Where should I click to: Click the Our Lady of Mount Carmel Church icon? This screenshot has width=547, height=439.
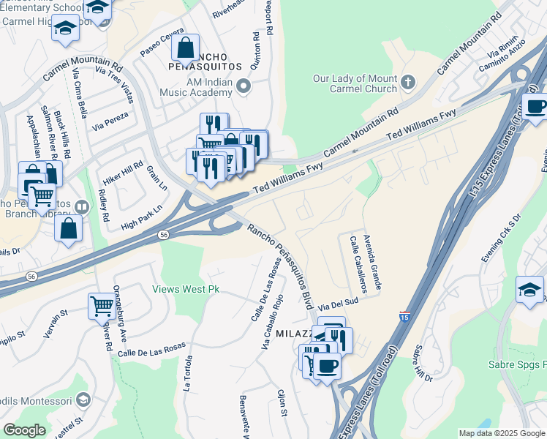[407, 82]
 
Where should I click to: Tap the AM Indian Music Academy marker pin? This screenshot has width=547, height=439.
[244, 87]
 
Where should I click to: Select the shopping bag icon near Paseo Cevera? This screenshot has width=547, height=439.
[186, 48]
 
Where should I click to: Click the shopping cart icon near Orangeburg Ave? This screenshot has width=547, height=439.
[102, 304]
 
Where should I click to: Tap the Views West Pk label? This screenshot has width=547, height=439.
[186, 289]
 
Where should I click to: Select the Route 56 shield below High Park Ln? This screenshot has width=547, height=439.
[162, 234]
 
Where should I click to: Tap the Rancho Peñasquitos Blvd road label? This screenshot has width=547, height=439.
[281, 265]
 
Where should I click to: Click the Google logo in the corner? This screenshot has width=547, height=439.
[24, 430]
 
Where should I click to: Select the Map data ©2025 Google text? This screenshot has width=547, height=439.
[501, 433]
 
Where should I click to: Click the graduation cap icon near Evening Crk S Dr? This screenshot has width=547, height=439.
[529, 288]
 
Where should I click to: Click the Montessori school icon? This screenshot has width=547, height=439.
[82, 400]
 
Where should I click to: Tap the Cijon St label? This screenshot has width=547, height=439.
[282, 404]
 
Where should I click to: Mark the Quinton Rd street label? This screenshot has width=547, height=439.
[255, 50]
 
